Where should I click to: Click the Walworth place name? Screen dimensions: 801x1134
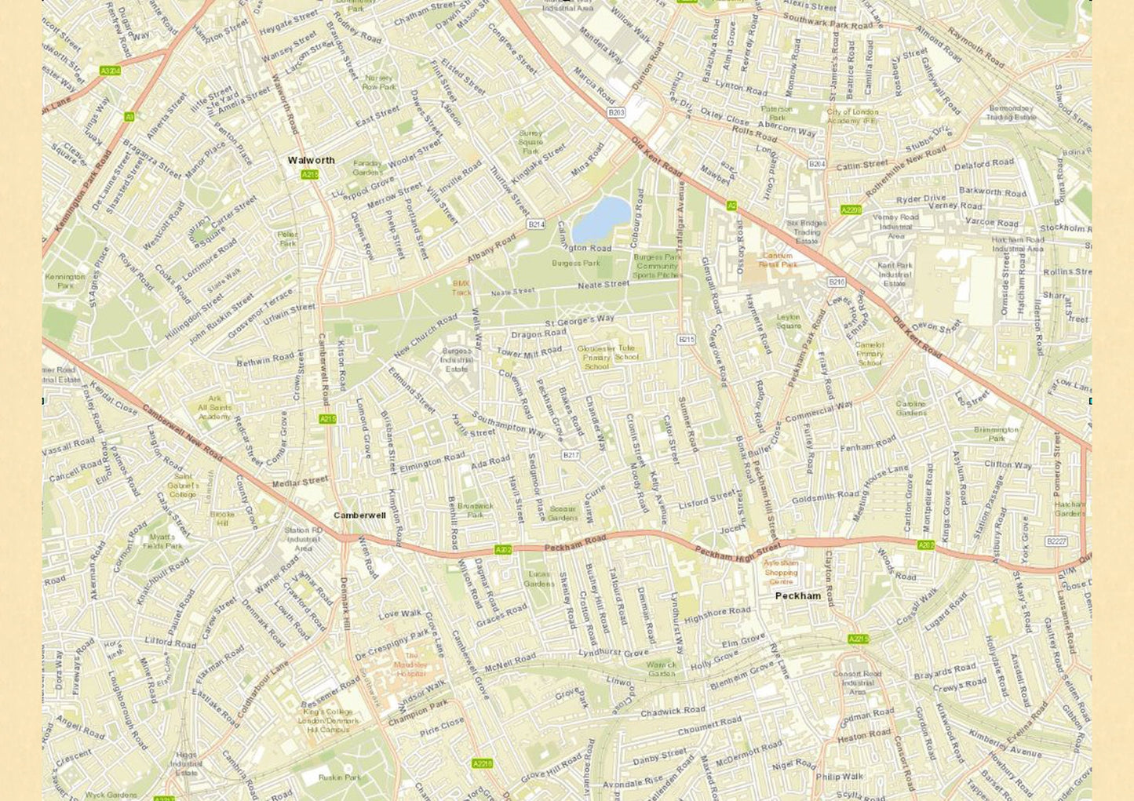pos(311,160)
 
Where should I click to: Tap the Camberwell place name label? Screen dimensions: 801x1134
pos(359,515)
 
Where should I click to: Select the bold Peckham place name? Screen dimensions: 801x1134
pos(797,595)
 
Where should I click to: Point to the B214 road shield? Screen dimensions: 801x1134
pos(536,224)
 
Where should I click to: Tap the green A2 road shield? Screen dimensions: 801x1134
pos(731,206)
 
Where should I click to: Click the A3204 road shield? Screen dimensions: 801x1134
pos(111,71)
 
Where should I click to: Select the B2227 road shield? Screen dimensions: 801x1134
pos(1056,541)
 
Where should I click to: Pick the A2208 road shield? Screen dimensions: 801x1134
pos(851,210)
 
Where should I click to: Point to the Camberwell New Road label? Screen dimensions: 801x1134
pos(183,432)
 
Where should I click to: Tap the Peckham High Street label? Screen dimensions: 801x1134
pos(738,550)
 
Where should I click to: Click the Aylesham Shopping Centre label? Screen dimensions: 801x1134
pos(781,572)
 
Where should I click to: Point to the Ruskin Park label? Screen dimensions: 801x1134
pos(340,777)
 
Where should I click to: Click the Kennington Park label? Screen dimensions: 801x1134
pos(65,281)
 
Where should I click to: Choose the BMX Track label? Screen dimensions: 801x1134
pos(461,287)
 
